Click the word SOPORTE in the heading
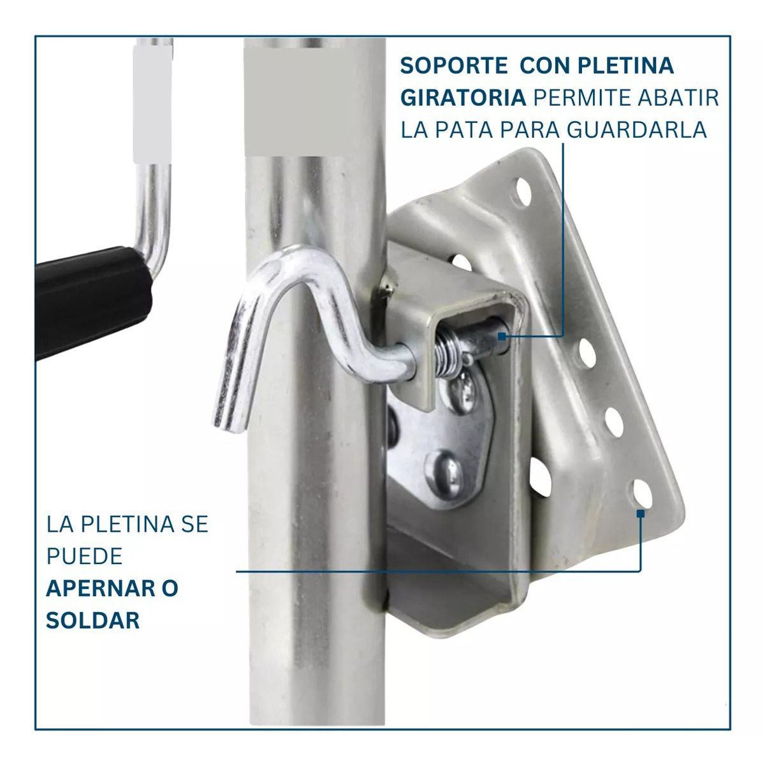453,66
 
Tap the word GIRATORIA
463,98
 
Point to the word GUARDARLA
637,130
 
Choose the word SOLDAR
93,620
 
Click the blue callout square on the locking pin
502,337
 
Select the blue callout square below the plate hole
640,513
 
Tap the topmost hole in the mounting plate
523,192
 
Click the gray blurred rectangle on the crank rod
152,104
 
